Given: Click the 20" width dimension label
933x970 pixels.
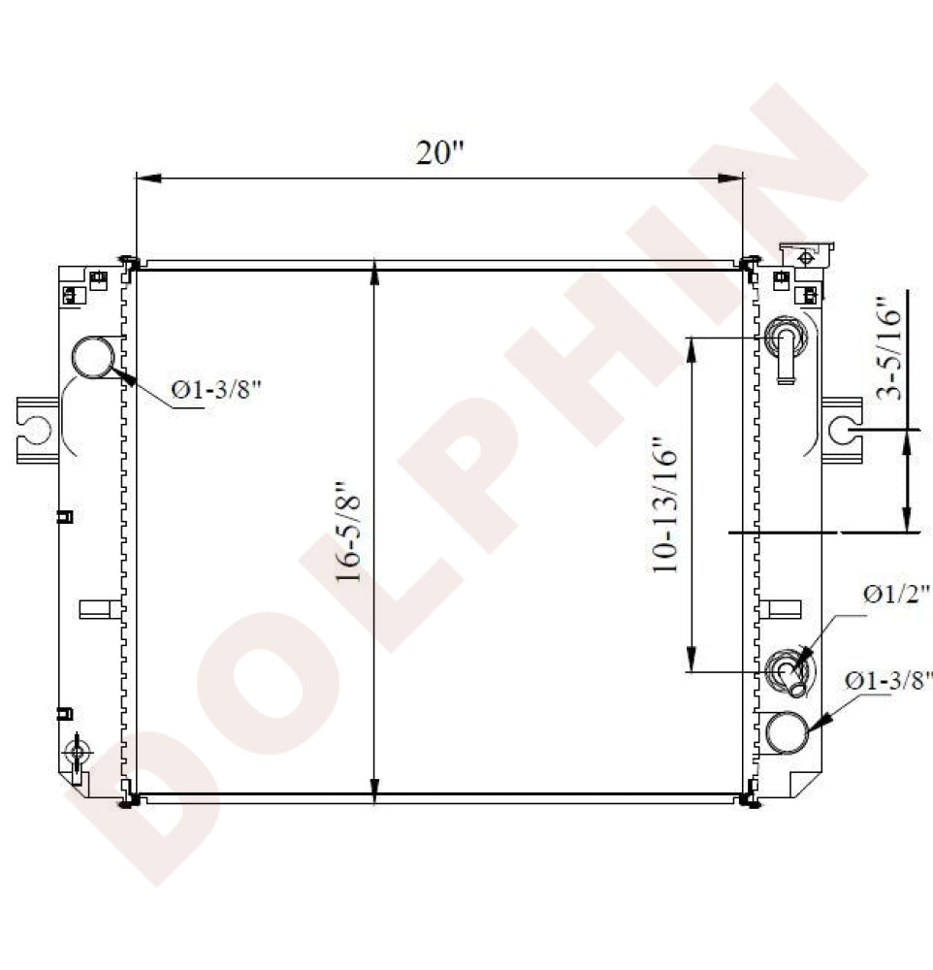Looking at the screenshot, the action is [439, 152].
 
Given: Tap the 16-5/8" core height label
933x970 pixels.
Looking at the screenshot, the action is [348, 531].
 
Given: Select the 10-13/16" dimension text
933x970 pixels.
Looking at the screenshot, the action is [664, 504].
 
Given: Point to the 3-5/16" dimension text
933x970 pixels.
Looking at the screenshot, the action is [889, 348].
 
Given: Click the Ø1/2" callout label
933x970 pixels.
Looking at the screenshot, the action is [896, 595].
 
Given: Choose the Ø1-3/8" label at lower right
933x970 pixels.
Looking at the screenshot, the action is [888, 681].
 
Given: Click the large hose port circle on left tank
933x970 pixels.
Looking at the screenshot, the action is [94, 357].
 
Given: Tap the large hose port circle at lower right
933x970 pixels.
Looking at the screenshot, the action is [787, 732].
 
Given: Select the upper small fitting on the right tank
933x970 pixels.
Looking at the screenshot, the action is [786, 349].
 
